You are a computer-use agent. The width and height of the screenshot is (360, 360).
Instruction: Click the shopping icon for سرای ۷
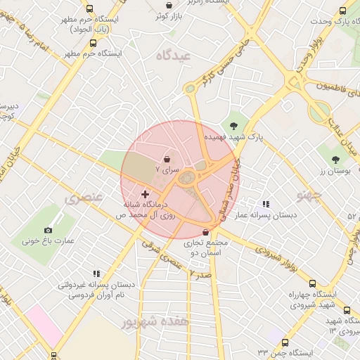(167, 159)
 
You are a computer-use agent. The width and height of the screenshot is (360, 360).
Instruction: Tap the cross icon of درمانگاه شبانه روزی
(145, 193)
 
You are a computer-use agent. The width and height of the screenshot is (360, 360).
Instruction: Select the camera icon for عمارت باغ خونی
(48, 230)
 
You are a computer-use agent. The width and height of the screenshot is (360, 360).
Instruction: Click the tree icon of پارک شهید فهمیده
(233, 126)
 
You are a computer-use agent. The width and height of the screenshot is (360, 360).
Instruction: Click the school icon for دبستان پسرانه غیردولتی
(96, 274)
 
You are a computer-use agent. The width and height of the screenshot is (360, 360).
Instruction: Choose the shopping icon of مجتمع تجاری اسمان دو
(205, 232)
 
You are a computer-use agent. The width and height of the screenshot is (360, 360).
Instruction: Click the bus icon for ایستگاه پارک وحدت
(342, 11)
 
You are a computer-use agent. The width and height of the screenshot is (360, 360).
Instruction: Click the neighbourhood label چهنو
(309, 193)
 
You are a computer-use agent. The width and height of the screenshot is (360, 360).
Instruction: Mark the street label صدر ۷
(200, 274)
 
